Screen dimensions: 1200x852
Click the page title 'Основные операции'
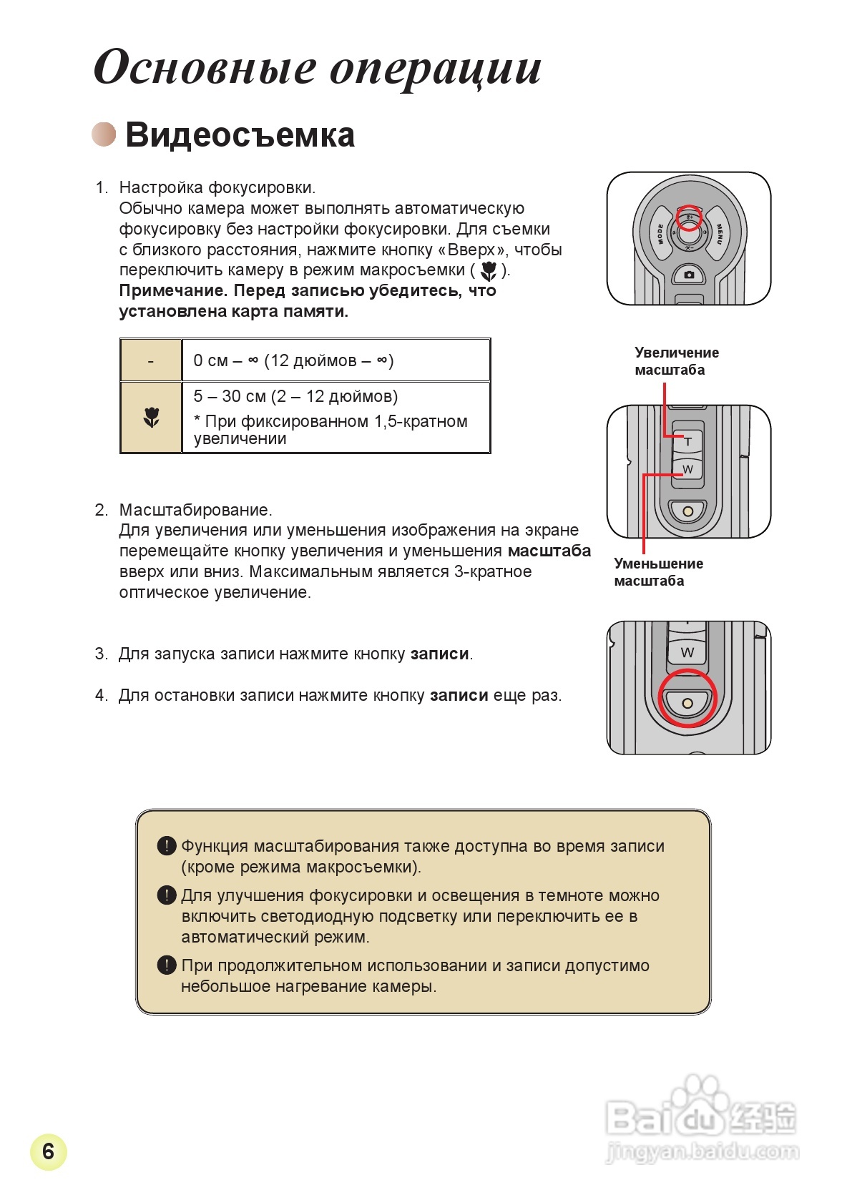(x=317, y=69)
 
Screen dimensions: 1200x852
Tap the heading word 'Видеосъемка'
(x=240, y=135)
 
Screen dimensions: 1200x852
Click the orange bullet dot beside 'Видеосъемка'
(x=104, y=134)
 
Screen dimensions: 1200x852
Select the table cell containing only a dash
(x=150, y=361)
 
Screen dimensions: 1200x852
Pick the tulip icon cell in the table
(x=151, y=418)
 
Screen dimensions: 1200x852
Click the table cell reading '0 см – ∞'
(x=336, y=361)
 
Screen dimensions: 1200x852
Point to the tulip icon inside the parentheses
(x=489, y=271)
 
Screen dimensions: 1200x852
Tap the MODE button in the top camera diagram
(x=660, y=234)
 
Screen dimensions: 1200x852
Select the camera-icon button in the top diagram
(x=689, y=275)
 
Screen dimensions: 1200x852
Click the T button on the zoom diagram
(x=687, y=441)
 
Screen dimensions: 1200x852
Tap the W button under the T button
(x=687, y=470)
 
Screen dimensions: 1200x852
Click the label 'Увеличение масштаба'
(x=676, y=361)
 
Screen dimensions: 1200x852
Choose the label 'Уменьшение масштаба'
(x=658, y=572)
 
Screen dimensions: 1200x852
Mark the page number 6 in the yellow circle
(x=48, y=1151)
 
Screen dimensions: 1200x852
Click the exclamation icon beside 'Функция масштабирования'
(x=166, y=846)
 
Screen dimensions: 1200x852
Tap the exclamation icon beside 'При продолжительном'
(x=166, y=965)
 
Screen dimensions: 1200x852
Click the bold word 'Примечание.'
(x=173, y=291)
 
